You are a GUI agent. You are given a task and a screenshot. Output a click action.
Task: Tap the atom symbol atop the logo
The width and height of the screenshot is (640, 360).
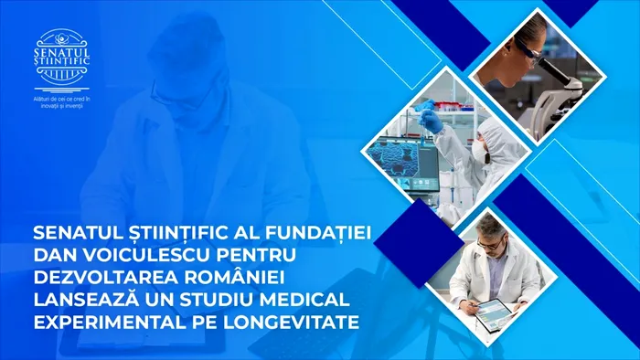point(64,40)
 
